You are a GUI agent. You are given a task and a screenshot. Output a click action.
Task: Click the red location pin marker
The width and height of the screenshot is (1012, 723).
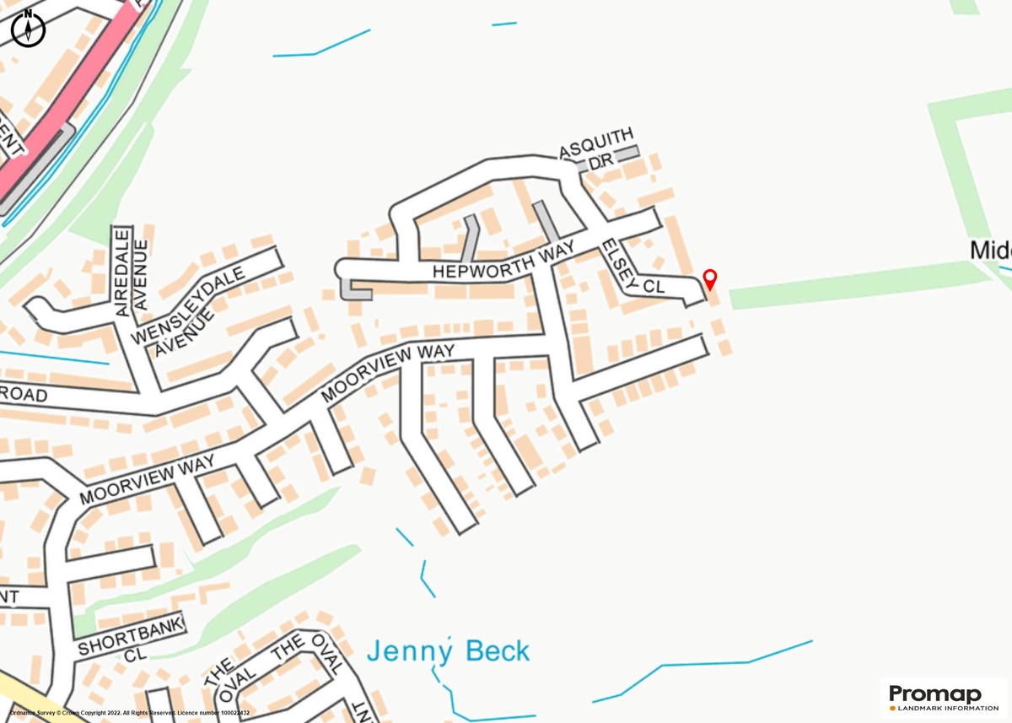point(710,278)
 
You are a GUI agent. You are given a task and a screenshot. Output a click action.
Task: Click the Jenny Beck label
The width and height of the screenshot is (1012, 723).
point(448,651)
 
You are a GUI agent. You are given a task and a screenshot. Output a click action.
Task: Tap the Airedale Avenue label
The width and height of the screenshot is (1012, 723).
point(131,272)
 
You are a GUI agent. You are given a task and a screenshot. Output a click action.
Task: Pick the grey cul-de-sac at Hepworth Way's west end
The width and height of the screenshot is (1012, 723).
point(354,291)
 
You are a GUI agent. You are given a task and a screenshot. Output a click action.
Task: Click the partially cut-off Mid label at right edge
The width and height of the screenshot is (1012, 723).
point(990,251)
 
